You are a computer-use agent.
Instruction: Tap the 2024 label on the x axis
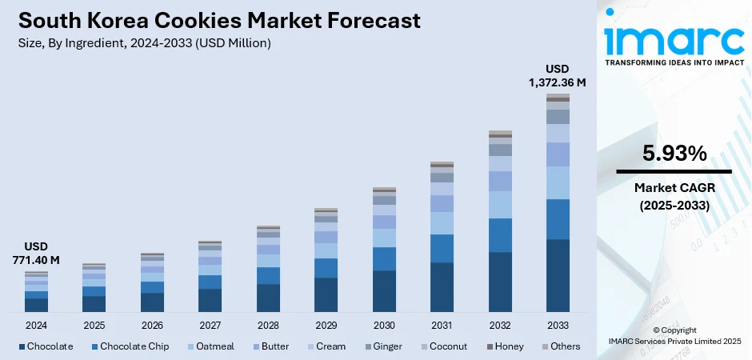point(36,326)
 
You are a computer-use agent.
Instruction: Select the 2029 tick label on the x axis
point(326,326)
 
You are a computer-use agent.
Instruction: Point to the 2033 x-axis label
point(558,326)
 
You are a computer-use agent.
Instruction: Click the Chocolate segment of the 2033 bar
point(558,275)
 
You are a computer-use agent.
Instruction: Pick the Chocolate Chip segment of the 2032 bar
point(500,235)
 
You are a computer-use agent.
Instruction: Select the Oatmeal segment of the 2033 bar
point(558,182)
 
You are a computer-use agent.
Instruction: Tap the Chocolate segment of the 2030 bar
point(384,290)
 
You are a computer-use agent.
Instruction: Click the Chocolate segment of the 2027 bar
point(210,300)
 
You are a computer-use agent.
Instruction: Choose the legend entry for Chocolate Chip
point(129,346)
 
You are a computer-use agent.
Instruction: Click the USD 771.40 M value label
point(36,253)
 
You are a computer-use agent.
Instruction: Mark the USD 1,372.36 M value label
point(558,75)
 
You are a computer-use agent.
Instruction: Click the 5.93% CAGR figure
point(674,153)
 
